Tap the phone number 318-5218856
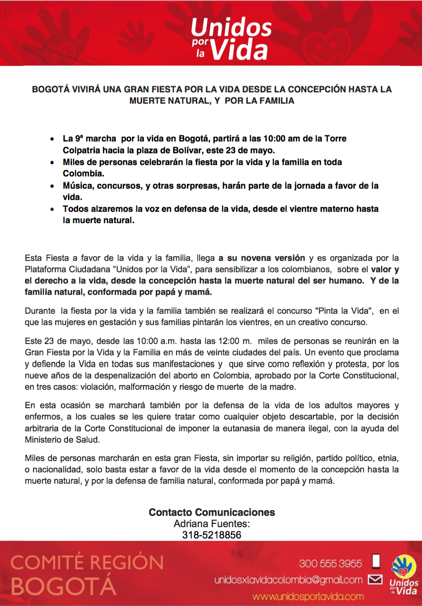click(212, 535)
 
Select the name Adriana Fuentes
click(211, 523)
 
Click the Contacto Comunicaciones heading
click(211, 512)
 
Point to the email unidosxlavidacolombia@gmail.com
click(288, 580)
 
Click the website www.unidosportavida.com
click(308, 596)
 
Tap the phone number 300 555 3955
click(330, 563)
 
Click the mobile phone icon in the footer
click(376, 562)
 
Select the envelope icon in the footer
click(375, 580)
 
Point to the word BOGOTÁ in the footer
click(63, 586)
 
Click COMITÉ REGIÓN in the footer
click(87, 563)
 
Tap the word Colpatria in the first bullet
click(83, 150)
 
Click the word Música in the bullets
click(77, 186)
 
